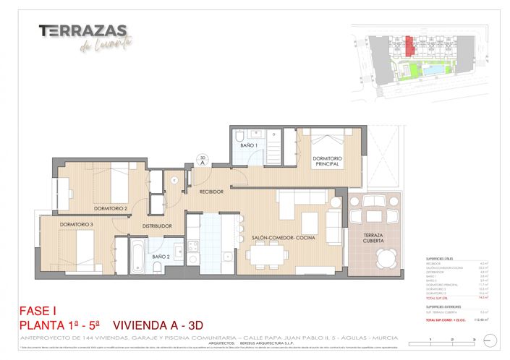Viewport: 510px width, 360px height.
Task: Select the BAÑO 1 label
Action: tap(249, 145)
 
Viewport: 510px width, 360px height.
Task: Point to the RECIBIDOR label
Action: tap(216, 192)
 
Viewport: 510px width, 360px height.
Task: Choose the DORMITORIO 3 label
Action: tap(77, 225)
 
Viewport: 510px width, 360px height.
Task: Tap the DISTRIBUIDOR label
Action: tap(157, 226)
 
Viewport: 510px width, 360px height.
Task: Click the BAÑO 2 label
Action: tap(161, 257)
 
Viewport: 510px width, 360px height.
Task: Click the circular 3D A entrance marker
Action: tap(204, 160)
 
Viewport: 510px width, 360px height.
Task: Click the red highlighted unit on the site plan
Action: tap(409, 46)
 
